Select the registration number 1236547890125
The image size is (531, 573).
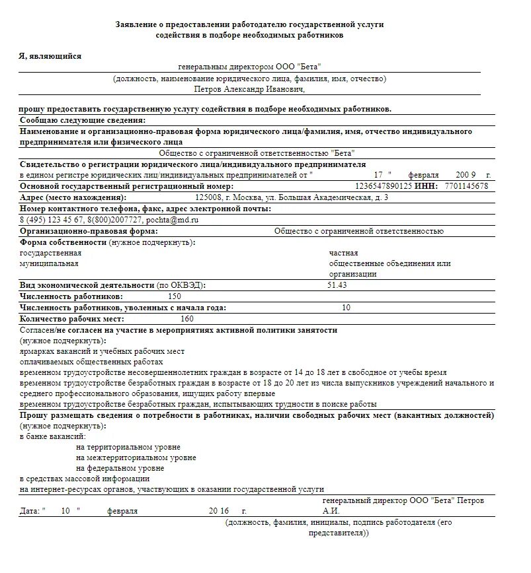tap(384, 186)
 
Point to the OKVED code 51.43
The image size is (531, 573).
tap(337, 285)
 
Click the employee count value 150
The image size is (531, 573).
tap(175, 296)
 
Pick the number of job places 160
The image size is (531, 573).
tap(187, 319)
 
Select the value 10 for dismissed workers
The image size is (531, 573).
tap(346, 308)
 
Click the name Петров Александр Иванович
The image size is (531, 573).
tap(249, 89)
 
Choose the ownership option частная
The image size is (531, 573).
tap(343, 253)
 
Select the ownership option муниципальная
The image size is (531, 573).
tap(49, 263)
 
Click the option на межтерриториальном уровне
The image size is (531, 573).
tap(136, 457)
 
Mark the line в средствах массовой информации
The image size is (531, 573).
tap(85, 479)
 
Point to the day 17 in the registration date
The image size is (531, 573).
tap(378, 175)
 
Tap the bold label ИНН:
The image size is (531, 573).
tap(427, 186)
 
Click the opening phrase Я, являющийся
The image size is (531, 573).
tap(50, 56)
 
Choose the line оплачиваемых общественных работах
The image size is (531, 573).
tap(91, 362)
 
